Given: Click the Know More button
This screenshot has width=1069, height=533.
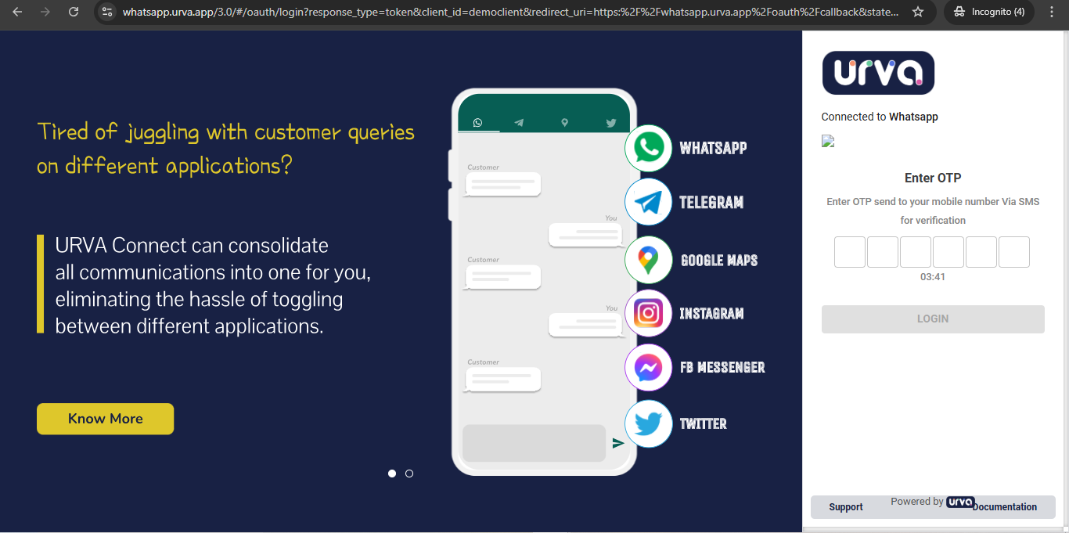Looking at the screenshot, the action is [105, 419].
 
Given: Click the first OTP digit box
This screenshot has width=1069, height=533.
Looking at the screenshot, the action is [849, 252].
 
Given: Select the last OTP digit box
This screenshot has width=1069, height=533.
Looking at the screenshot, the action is [1014, 252].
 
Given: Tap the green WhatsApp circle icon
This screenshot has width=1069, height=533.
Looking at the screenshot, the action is [648, 148].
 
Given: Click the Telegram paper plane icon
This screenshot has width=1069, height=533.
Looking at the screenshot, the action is [648, 202].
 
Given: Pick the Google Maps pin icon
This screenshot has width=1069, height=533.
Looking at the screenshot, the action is [648, 260].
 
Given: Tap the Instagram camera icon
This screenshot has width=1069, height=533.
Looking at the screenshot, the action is [648, 314].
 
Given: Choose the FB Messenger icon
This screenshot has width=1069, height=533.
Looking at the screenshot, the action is [648, 367].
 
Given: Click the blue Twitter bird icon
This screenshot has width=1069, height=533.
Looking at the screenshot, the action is [648, 423].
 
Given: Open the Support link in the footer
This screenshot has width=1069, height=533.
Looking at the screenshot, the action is [846, 506].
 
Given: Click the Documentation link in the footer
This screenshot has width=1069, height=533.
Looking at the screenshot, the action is [1005, 506].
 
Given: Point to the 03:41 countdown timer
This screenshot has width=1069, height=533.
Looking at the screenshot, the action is [933, 277].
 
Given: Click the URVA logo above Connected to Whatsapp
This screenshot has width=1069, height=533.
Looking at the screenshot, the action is [878, 73].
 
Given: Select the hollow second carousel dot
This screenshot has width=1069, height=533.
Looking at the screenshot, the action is [409, 474].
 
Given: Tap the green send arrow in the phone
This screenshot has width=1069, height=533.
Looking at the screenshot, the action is [618, 443].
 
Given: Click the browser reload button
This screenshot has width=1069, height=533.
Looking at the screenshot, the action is [74, 12].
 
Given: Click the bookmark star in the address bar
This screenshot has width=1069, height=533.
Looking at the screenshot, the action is [918, 12].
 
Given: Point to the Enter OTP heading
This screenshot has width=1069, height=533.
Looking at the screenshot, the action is [933, 178].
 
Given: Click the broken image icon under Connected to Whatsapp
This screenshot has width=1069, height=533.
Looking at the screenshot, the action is [828, 141].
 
